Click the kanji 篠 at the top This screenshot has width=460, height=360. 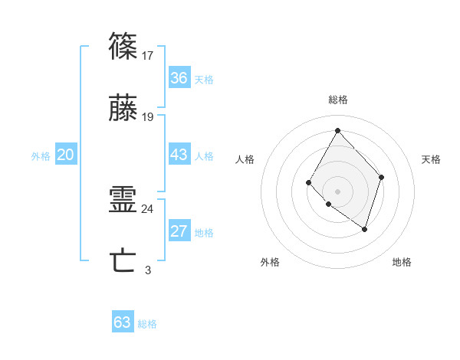click(x=124, y=47)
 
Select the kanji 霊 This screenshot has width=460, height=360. click(x=124, y=201)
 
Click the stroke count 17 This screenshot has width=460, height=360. click(x=148, y=55)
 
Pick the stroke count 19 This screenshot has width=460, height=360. click(x=148, y=117)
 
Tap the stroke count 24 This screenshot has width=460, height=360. click(x=148, y=208)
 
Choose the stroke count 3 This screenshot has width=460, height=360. click(x=148, y=270)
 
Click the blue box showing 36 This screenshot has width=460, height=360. click(x=179, y=78)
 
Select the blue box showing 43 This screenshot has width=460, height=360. click(x=179, y=155)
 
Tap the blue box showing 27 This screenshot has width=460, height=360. click(x=179, y=231)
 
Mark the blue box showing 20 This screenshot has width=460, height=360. click(x=65, y=155)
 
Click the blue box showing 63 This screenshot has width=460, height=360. click(x=123, y=322)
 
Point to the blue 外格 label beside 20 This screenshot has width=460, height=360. click(x=41, y=156)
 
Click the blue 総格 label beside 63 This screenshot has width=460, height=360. click(x=147, y=324)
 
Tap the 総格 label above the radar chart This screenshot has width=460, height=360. click(x=337, y=100)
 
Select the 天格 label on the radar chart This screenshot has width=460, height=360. click(x=431, y=159)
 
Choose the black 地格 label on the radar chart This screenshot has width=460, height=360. click(x=402, y=262)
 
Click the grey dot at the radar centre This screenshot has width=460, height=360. click(x=337, y=191)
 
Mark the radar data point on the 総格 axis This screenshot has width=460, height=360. click(x=337, y=129)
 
